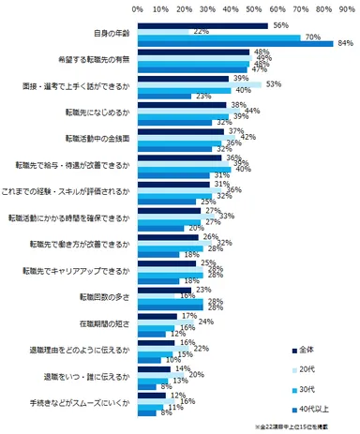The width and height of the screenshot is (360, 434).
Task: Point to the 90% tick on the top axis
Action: coord(348,7)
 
